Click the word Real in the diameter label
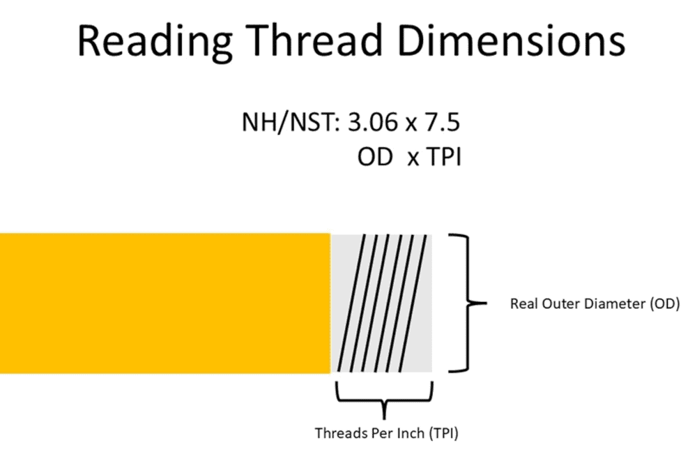[x=523, y=305]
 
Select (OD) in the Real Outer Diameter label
[x=664, y=305]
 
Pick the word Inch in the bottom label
[x=410, y=433]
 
